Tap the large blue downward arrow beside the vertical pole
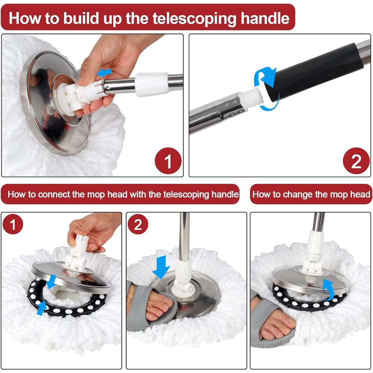(x=161, y=267)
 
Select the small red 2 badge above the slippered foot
(x=138, y=224)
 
